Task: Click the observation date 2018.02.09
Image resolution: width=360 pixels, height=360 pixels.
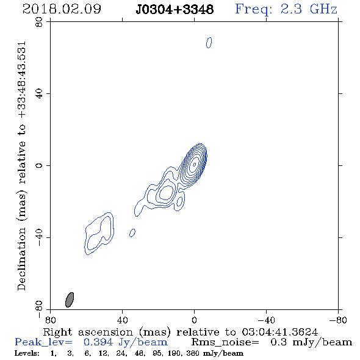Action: click(62, 9)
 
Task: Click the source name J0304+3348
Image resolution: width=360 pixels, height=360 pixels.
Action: click(175, 10)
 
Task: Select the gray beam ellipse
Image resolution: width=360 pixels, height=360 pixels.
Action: click(70, 300)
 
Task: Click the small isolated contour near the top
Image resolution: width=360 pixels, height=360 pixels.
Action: click(209, 43)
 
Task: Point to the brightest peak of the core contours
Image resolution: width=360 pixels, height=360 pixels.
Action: click(194, 164)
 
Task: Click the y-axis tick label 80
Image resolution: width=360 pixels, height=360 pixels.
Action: click(39, 22)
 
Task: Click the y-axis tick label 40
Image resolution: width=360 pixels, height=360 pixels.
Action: click(39, 94)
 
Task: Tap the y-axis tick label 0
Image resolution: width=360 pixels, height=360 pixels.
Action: click(39, 165)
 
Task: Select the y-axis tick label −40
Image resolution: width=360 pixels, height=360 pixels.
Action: click(39, 237)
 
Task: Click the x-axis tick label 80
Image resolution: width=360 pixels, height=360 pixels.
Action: click(50, 320)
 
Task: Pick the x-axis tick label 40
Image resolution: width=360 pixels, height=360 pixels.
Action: click(122, 320)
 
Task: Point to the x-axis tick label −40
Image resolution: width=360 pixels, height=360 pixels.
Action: click(266, 320)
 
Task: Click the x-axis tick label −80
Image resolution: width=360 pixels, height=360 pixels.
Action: click(338, 320)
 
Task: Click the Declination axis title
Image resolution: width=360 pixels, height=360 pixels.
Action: click(22, 166)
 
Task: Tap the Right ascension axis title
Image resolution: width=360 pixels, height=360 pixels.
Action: click(181, 332)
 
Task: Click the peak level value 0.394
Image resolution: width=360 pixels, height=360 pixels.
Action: click(98, 342)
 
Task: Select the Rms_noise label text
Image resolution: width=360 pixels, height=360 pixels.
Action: click(225, 342)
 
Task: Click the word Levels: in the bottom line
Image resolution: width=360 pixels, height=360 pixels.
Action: click(27, 353)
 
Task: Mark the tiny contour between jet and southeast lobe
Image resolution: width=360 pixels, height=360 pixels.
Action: click(132, 233)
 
